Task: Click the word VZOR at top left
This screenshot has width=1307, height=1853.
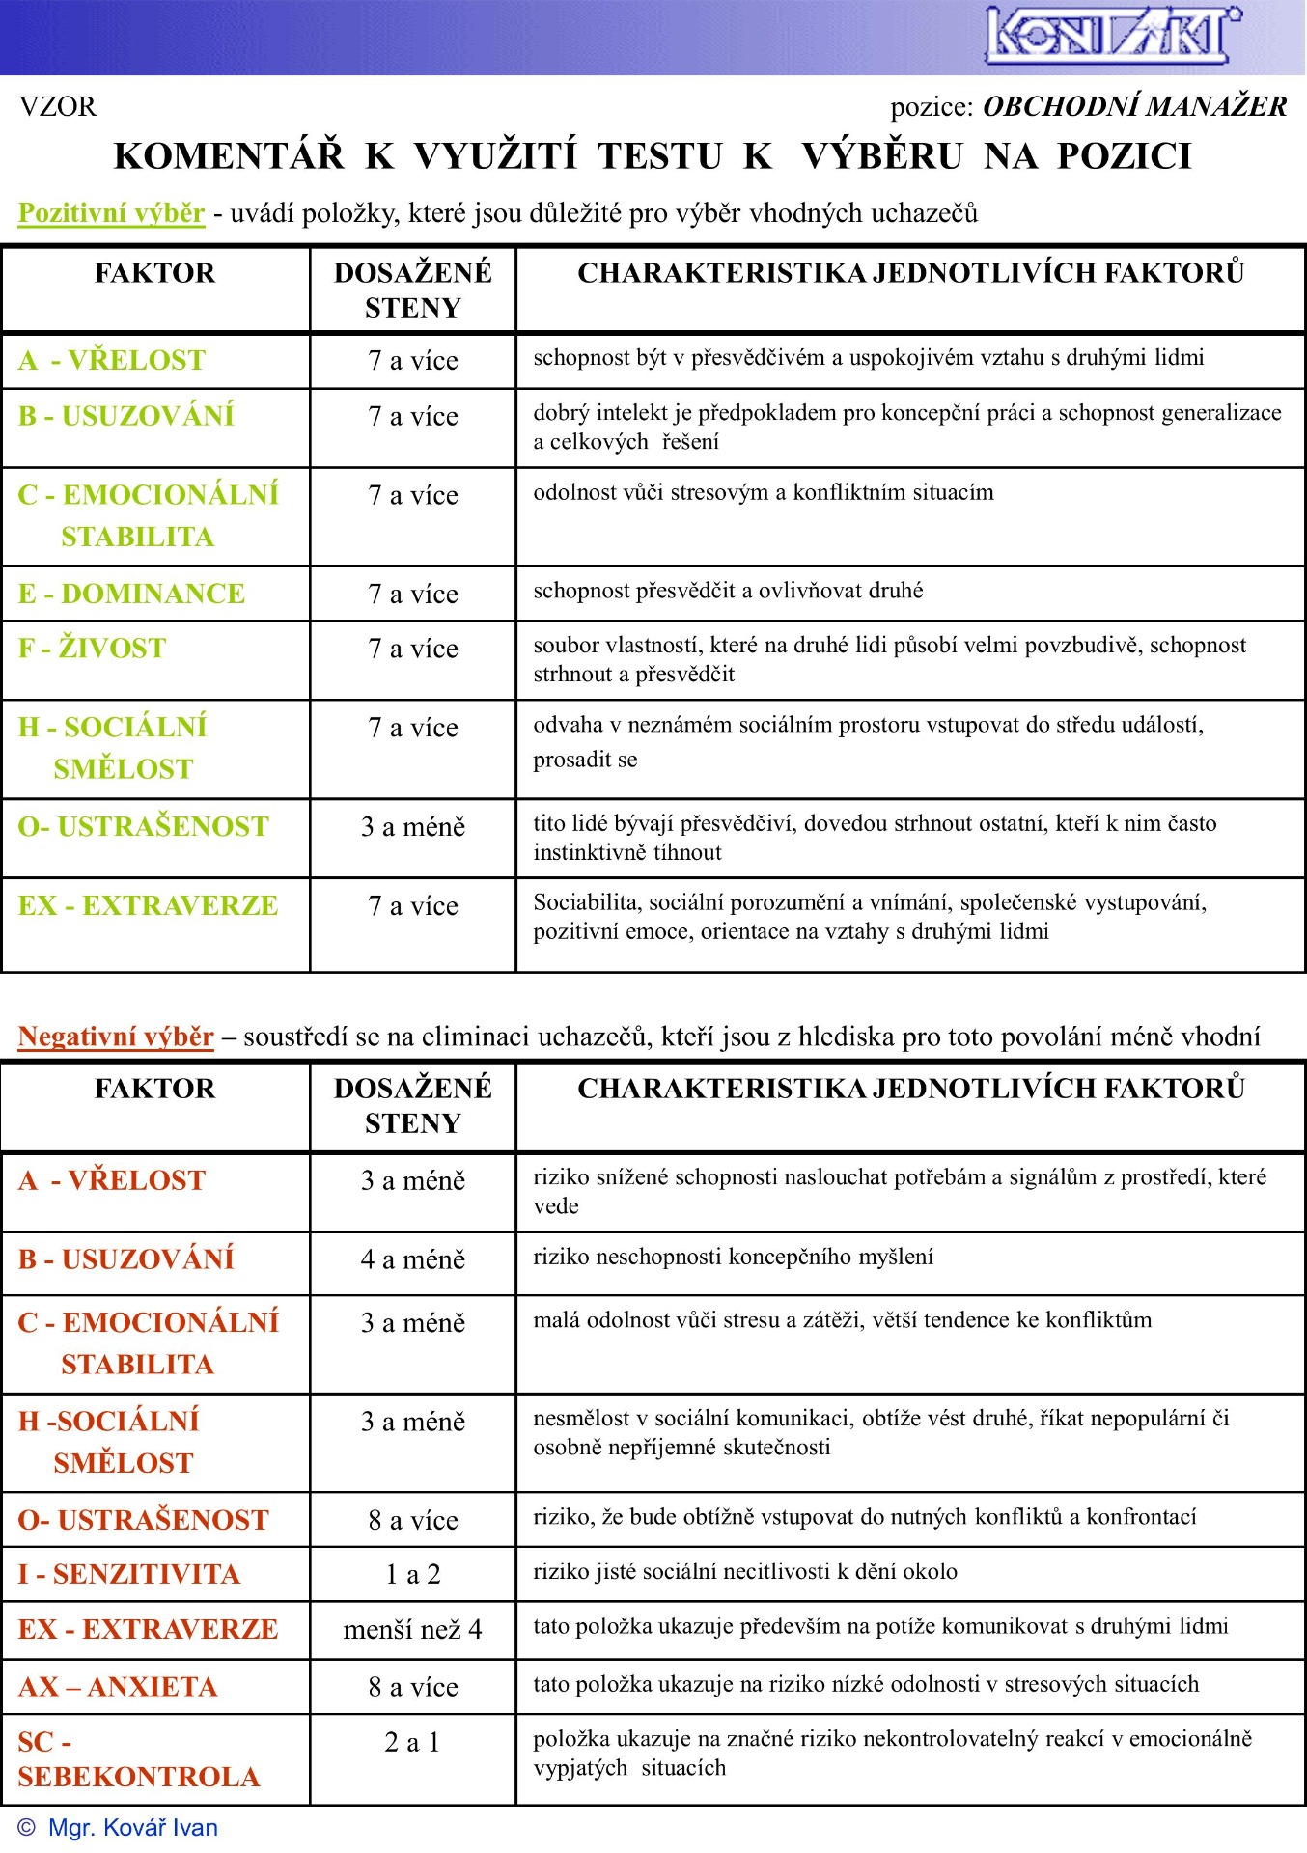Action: coord(58,106)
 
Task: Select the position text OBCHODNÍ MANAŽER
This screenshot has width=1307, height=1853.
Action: coord(1134,106)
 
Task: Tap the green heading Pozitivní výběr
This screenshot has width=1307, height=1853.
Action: coord(111,212)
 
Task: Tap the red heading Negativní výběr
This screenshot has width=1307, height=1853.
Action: coord(116,1037)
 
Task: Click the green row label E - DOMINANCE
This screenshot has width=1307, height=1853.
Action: coord(131,594)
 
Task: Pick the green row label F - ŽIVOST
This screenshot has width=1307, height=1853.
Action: coord(93,648)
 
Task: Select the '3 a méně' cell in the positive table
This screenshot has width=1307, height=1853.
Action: coord(413,827)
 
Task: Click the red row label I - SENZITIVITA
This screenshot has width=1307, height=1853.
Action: coord(128,1574)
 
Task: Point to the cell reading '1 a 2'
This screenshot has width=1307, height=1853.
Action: coord(413,1574)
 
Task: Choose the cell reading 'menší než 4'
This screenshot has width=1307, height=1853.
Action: coord(413,1630)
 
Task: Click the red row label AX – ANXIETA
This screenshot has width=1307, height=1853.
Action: coord(118,1687)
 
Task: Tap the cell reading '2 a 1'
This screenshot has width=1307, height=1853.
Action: coord(413,1742)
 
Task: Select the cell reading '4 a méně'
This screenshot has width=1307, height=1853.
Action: coord(413,1259)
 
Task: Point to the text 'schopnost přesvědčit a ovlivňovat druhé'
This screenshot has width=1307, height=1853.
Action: coord(728,591)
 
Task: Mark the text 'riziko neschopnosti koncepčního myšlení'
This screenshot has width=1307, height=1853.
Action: coord(733,1257)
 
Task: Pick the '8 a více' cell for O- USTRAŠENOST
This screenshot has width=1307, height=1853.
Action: coord(413,1520)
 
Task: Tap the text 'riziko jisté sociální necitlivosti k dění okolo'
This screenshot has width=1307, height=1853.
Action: coord(745,1571)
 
